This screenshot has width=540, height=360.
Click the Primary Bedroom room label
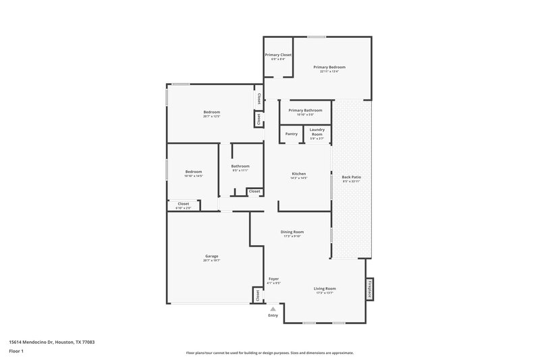click(329, 67)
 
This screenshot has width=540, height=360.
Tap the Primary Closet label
click(278, 54)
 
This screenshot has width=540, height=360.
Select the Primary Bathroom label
click(305, 110)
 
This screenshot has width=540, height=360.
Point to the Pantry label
click(291, 134)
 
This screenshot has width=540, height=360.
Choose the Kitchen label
click(299, 174)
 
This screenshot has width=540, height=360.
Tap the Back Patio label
click(351, 177)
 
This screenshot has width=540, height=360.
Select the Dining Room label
click(292, 232)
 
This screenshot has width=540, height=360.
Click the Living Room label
click(325, 288)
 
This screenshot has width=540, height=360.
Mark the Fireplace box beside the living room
click(369, 288)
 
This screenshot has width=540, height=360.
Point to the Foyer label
click(273, 279)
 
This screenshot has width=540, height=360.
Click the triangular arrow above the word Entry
click(273, 308)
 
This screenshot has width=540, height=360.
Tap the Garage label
click(212, 256)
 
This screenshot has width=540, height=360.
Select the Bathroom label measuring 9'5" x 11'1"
click(240, 166)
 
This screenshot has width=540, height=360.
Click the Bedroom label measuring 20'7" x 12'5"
click(212, 112)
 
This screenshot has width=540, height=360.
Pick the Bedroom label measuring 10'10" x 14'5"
click(194, 172)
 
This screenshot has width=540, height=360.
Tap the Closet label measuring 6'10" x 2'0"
click(184, 203)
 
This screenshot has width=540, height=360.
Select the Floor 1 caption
click(17, 352)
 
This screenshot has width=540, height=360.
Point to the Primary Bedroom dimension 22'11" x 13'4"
click(329, 72)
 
